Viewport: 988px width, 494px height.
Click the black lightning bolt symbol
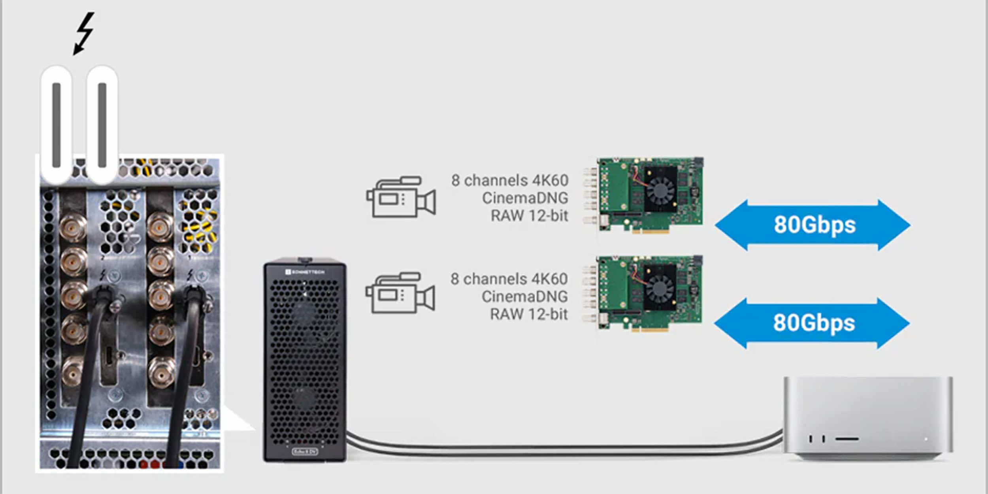(84, 34)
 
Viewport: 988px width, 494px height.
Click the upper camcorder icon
(401, 197)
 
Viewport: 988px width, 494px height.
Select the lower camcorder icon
(400, 293)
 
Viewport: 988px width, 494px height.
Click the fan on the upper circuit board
(660, 190)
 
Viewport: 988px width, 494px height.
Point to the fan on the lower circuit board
(660, 288)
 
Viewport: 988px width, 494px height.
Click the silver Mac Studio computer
(868, 419)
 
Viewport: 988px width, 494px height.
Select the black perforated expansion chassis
(305, 360)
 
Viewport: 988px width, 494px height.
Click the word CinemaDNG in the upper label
(525, 198)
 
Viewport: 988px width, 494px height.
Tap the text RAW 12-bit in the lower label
(528, 314)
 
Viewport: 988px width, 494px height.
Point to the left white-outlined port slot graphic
(57, 125)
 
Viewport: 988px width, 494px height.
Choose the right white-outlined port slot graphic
(102, 125)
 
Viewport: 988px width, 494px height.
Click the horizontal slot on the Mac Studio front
(847, 438)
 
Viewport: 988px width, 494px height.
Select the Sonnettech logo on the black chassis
(305, 272)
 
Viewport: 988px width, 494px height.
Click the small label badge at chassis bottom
(305, 451)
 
